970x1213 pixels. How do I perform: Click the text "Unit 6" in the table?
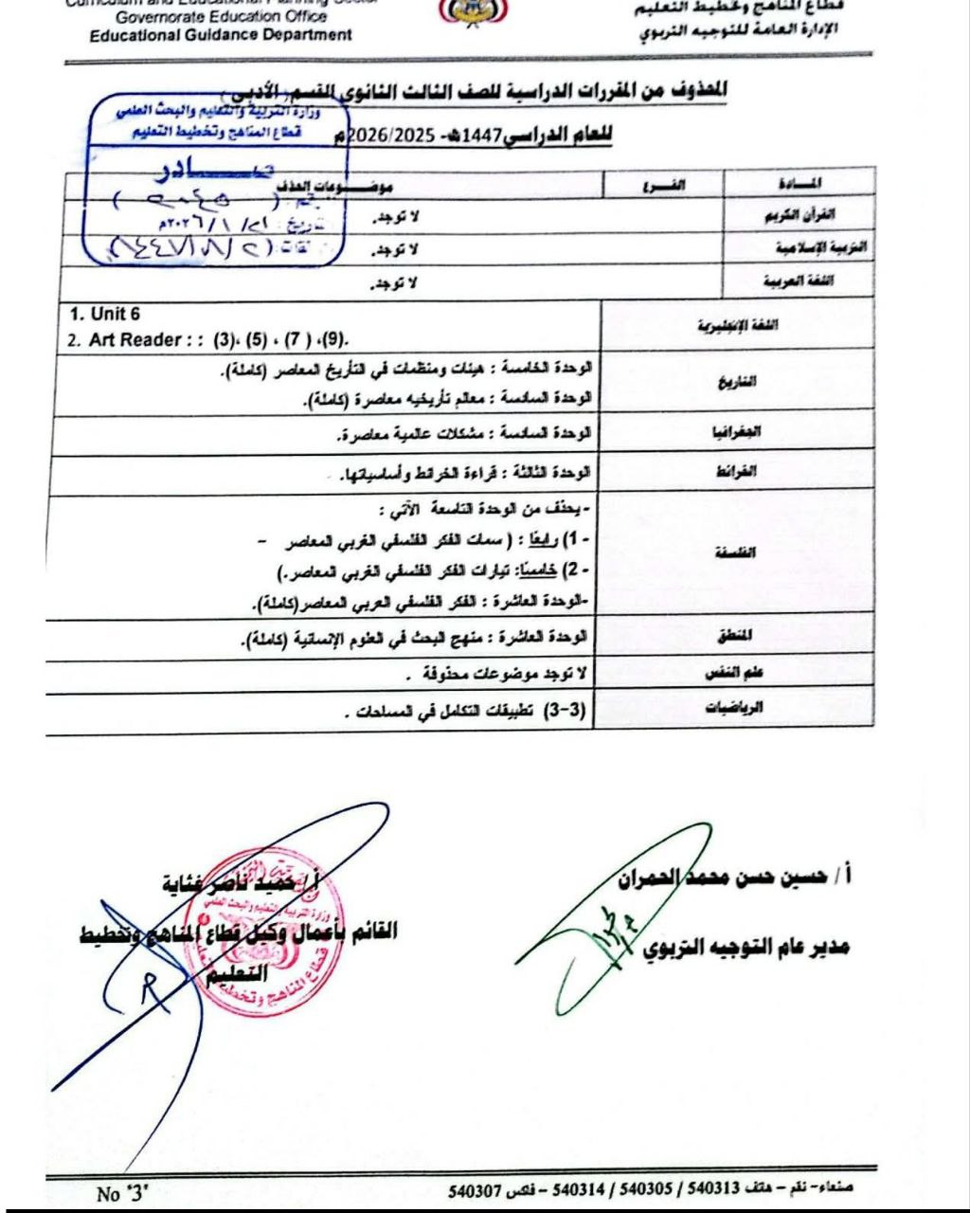(x=105, y=315)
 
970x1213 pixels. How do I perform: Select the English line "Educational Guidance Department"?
(x=221, y=35)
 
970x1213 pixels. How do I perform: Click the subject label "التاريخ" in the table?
(x=739, y=383)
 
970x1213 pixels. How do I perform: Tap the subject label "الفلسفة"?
(x=738, y=552)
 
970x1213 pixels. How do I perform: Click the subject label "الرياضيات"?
(x=736, y=706)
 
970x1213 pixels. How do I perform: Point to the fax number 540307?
(x=474, y=1189)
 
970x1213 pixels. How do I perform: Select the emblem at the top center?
(x=474, y=11)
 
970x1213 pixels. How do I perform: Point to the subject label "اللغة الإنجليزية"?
(x=738, y=325)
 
